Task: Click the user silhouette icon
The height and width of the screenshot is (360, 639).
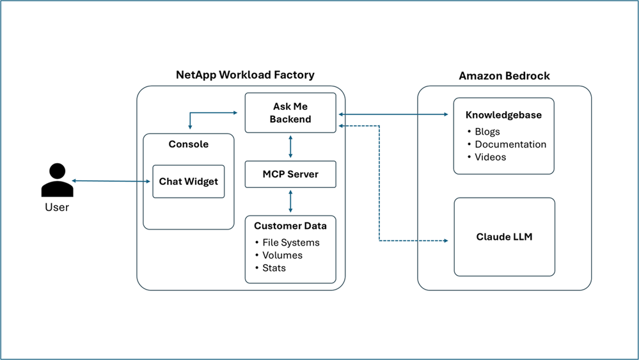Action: coord(57,180)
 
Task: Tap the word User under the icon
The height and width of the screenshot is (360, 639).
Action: coord(57,207)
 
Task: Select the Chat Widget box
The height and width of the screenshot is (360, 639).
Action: coord(188,182)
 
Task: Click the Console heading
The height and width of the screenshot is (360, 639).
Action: coord(188,144)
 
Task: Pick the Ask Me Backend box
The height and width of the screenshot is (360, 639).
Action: coord(290,113)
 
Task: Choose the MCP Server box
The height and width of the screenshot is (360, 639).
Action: coord(290,175)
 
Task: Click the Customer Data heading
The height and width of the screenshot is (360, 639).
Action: coord(290,226)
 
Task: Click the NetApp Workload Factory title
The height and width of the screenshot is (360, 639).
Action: coord(245,75)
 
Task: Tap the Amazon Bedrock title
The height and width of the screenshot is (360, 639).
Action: coord(504,75)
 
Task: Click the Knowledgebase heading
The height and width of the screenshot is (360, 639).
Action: coord(503,115)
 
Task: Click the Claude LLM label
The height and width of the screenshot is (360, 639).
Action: coord(504,237)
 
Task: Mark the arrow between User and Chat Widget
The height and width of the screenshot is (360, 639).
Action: coord(111,181)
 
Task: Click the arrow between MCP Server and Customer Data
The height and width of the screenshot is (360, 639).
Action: coord(290,201)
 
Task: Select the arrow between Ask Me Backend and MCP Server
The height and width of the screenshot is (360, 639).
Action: coord(290,146)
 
